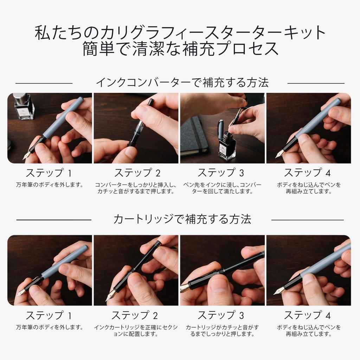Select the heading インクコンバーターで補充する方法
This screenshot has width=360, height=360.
[182, 83]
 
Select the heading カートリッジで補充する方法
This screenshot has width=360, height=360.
[182, 219]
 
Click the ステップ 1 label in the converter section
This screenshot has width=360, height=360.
[49, 173]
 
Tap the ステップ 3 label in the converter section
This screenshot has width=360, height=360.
[221, 173]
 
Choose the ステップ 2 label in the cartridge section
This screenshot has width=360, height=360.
[135, 315]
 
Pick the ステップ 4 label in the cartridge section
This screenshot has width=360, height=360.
[308, 315]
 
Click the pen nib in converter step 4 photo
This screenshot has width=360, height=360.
[280, 154]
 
